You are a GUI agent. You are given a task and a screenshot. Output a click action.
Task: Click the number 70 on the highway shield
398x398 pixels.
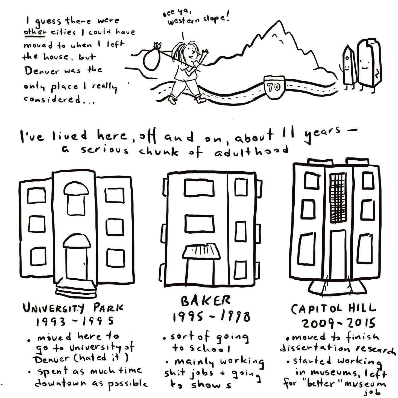[x=274, y=88]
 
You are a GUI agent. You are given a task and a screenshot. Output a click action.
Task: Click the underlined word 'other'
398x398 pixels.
[x=34, y=33]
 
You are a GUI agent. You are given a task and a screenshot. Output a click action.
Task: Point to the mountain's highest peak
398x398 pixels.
[x=277, y=21]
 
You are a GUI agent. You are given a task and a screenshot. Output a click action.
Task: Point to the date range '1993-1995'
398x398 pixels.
[x=75, y=322]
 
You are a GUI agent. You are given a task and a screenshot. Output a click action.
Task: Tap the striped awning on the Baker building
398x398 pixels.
[x=201, y=252]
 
